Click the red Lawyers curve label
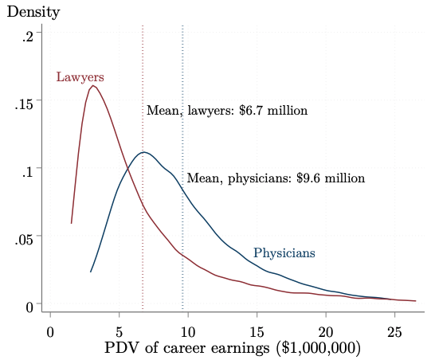click(x=80, y=77)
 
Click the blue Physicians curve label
click(x=284, y=253)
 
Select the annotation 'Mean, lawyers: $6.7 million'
click(x=226, y=111)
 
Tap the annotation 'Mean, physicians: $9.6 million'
click(x=276, y=178)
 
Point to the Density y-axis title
click(x=33, y=13)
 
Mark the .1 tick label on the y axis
click(x=28, y=170)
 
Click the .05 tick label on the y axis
click(x=25, y=237)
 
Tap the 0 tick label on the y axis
click(x=29, y=305)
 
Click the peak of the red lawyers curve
click(x=93, y=85)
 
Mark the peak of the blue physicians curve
click(x=143, y=152)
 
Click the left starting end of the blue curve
click(x=91, y=272)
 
